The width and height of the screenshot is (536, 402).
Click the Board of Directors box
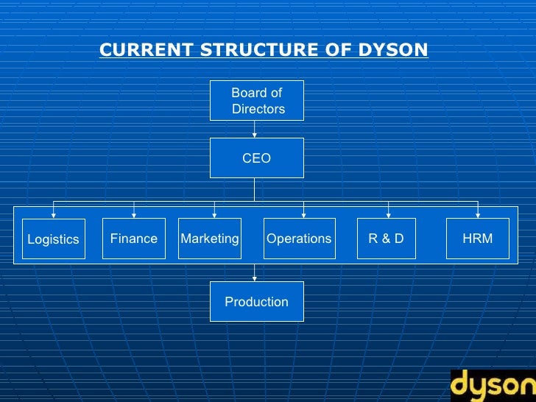pyautogui.click(x=256, y=101)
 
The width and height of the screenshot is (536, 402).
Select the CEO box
pyautogui.click(x=256, y=158)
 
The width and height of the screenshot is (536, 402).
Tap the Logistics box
pyautogui.click(x=53, y=239)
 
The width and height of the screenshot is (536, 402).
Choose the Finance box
pyautogui.click(x=133, y=239)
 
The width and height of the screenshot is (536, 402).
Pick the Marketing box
pyautogui.click(x=210, y=239)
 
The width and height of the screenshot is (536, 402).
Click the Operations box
pyautogui.click(x=299, y=239)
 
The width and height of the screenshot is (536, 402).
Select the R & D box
pyautogui.click(x=386, y=239)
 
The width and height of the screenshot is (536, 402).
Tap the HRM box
pyautogui.click(x=477, y=239)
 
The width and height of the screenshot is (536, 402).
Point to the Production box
pyautogui.click(x=256, y=302)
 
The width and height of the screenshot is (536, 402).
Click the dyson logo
pyautogui.click(x=493, y=386)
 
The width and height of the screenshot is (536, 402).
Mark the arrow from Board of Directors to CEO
pyautogui.click(x=255, y=129)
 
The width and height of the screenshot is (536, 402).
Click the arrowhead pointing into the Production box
pyautogui.click(x=255, y=278)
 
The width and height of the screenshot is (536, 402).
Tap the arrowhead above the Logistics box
pyautogui.click(x=53, y=215)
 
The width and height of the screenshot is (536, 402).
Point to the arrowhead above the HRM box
pyautogui.click(x=478, y=215)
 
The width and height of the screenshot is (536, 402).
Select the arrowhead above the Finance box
pyautogui.click(x=133, y=215)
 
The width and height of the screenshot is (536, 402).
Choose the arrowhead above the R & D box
pyautogui.click(x=388, y=215)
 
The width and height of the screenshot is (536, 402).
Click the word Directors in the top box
pyautogui.click(x=258, y=109)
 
